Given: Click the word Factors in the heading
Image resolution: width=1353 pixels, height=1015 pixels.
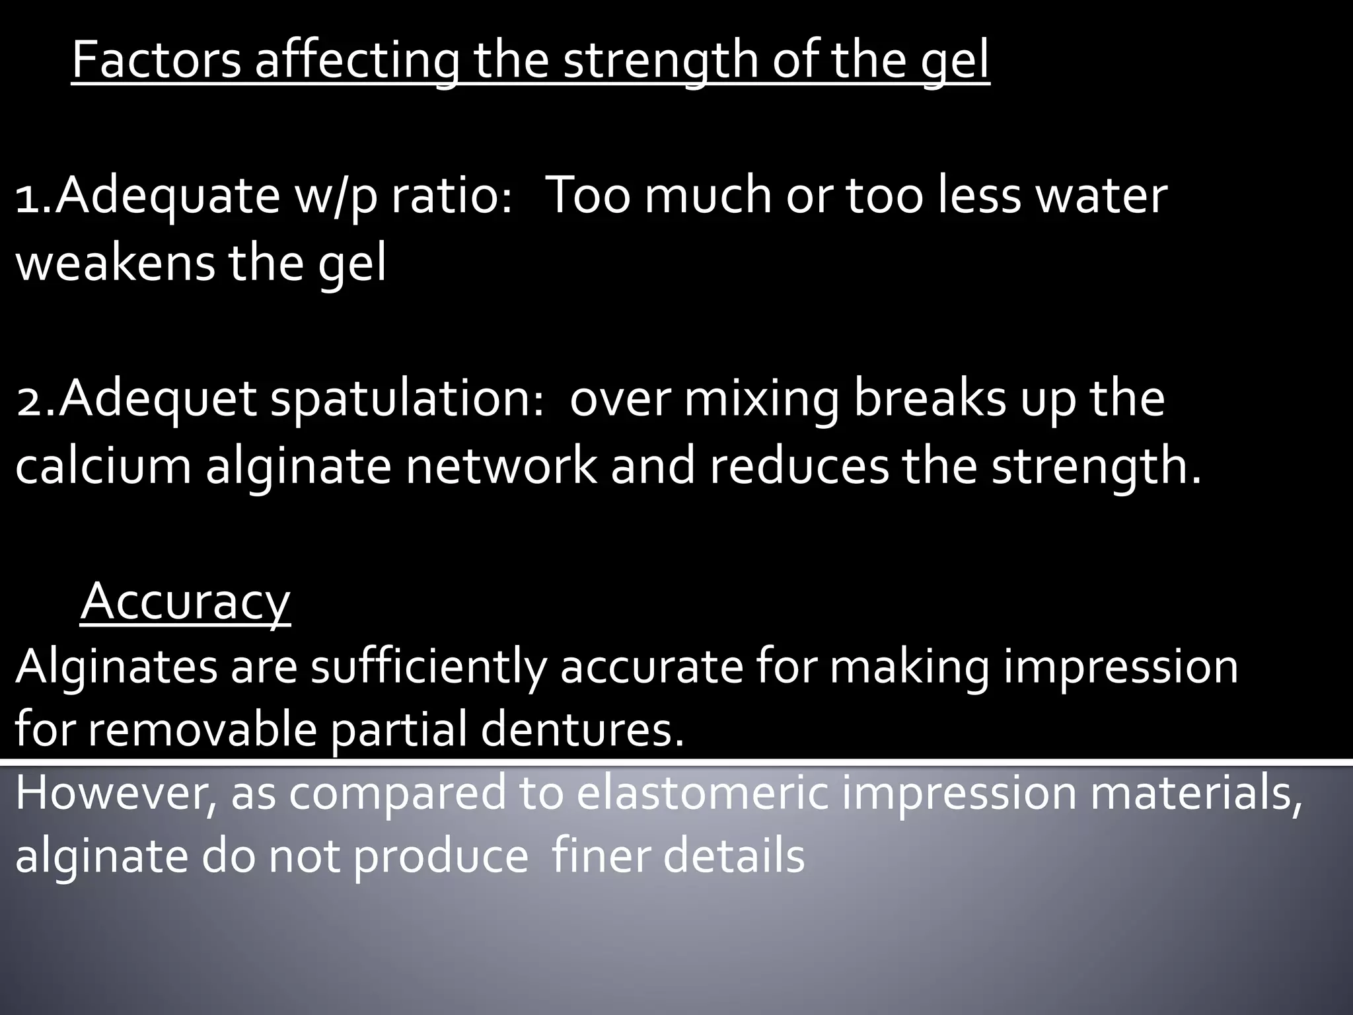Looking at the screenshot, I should click(156, 60).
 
